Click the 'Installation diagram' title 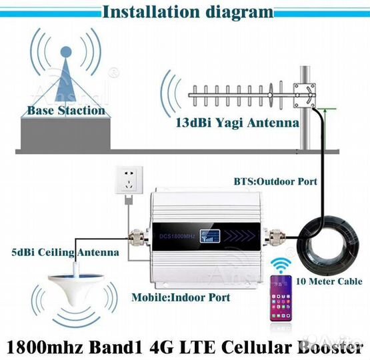click(x=188, y=12)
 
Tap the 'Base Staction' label click(x=66, y=111)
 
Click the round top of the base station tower click(x=66, y=52)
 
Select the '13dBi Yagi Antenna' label click(x=237, y=123)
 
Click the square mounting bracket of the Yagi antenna click(x=305, y=95)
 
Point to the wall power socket click(x=129, y=180)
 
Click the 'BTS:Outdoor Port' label click(x=275, y=181)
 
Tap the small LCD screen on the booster click(x=210, y=236)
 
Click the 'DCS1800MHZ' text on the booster click(x=177, y=236)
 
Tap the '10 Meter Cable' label click(x=329, y=281)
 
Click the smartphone click(x=281, y=298)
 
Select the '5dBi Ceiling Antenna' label click(x=65, y=253)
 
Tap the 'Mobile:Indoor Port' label click(x=181, y=297)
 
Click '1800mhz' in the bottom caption click(x=45, y=347)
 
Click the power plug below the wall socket click(x=129, y=200)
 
